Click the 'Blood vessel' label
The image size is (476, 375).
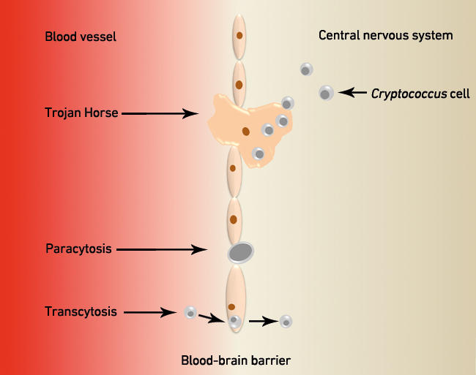[x=81, y=37]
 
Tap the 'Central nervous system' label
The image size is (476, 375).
[x=385, y=35]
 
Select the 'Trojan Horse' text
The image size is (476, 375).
[x=79, y=114]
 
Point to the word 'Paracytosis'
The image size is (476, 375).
[x=78, y=249]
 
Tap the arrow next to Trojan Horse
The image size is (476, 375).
[x=161, y=114]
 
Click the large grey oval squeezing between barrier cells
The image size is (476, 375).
[x=241, y=253]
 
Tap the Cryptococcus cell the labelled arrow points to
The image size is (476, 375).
[x=326, y=93]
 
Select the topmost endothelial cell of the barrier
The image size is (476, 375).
[x=239, y=36]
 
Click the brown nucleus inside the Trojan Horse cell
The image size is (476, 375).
[x=246, y=132]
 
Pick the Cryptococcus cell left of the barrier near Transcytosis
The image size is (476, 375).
[x=190, y=313]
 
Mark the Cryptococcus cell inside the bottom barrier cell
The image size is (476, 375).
[x=234, y=321]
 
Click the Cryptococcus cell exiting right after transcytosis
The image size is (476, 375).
[x=286, y=321]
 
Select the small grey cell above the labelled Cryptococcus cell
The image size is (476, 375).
[x=306, y=70]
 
